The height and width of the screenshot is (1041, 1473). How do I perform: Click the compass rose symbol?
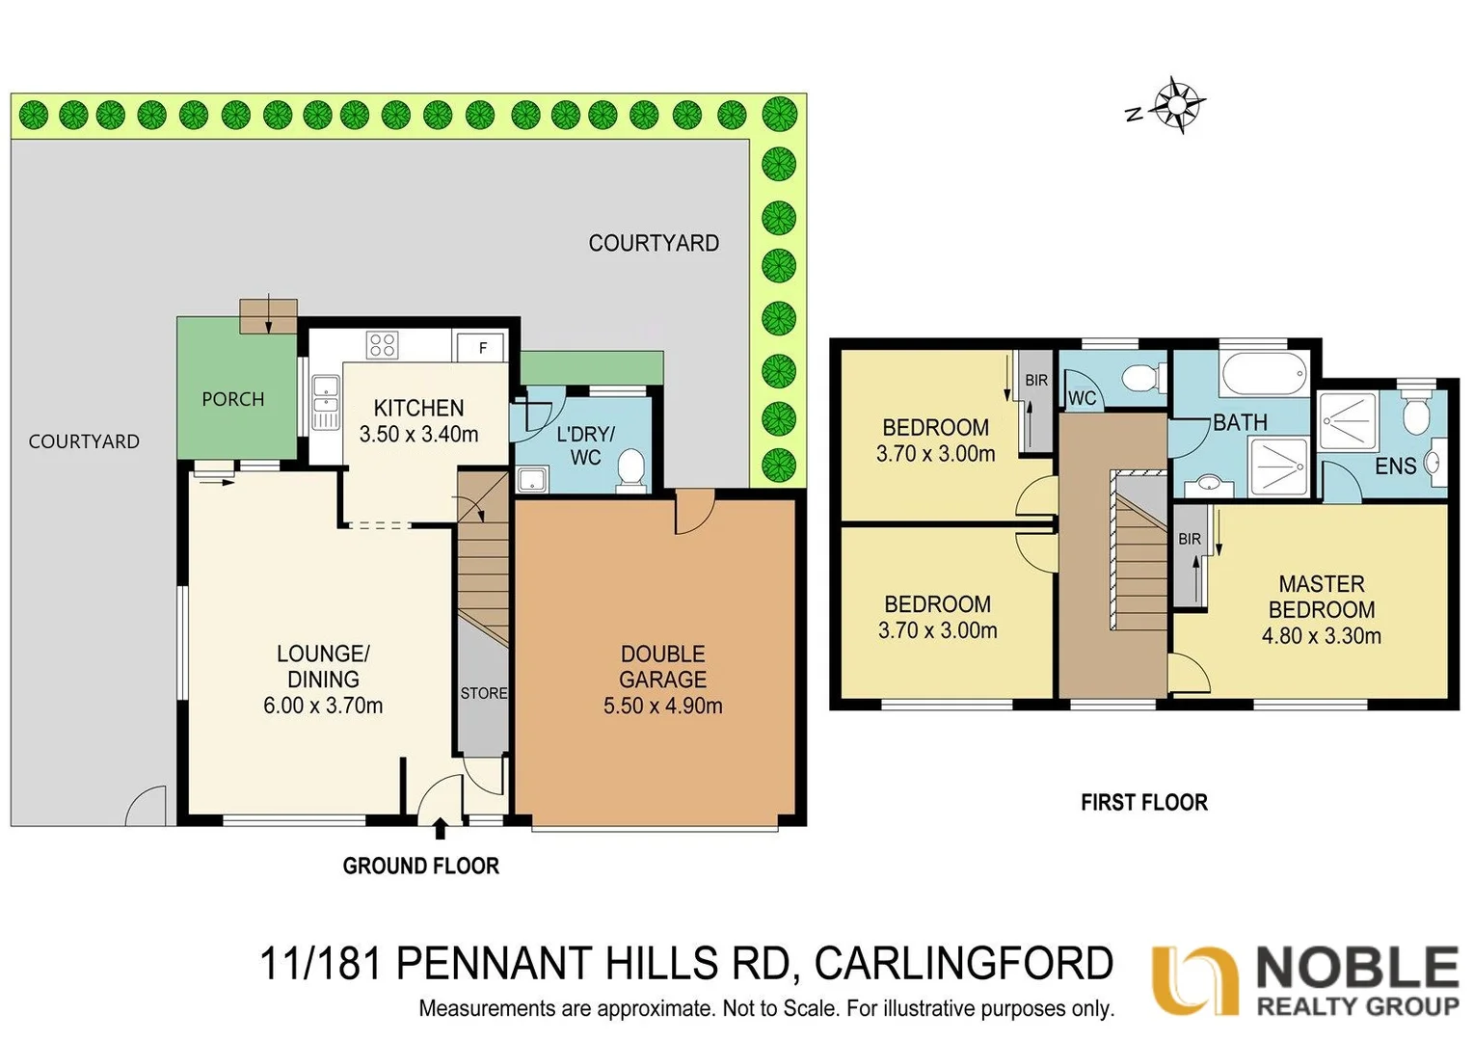[1178, 103]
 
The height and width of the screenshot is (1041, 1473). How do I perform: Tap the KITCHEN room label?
[418, 408]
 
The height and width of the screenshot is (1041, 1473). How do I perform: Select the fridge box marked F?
[482, 347]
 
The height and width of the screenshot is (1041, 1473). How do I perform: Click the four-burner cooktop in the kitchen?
[382, 344]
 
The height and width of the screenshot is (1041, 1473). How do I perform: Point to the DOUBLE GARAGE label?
[662, 666]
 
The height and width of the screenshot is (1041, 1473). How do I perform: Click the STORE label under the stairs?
[483, 693]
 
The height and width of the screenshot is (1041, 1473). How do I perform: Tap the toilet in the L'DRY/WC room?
[630, 468]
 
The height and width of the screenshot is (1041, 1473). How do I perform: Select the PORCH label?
[232, 399]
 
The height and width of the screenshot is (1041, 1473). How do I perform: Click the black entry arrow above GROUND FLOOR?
[440, 829]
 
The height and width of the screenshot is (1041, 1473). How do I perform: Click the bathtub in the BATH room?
[1264, 373]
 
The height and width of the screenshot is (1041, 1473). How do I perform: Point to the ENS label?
[1394, 467]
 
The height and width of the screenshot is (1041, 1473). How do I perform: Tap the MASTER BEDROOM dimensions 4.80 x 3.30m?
[1321, 636]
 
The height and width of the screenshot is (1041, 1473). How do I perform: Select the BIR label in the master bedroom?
[1190, 539]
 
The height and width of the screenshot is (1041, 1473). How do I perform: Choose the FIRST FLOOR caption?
[1143, 802]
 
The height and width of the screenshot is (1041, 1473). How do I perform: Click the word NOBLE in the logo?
[1357, 968]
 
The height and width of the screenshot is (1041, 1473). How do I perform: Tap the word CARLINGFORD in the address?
[963, 963]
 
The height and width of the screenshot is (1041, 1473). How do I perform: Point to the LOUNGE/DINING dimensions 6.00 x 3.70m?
[323, 706]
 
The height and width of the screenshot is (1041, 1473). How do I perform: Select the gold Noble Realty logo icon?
[1194, 979]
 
